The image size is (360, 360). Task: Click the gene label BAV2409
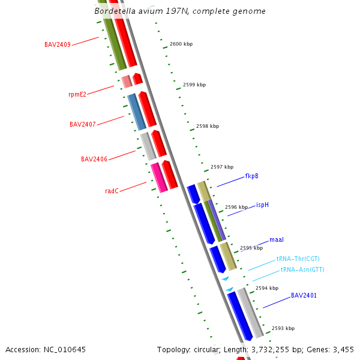(58, 44)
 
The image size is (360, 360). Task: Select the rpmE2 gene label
(77, 94)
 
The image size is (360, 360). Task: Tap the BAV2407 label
(83, 125)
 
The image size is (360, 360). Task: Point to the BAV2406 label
(94, 159)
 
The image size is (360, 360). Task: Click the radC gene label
(112, 191)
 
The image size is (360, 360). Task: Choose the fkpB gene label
(251, 176)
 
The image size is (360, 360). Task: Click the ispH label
(262, 205)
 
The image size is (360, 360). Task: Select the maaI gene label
(277, 240)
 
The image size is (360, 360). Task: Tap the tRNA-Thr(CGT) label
(298, 259)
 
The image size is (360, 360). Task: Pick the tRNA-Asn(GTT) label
(302, 270)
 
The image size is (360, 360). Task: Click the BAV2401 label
(304, 295)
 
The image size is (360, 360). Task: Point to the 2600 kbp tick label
(181, 44)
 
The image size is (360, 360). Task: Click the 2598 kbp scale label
(208, 127)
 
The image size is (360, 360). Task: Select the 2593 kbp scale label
(283, 329)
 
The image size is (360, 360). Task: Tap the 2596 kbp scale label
(236, 208)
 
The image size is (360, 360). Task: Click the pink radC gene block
(159, 178)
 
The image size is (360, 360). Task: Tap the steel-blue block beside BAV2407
(137, 112)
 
